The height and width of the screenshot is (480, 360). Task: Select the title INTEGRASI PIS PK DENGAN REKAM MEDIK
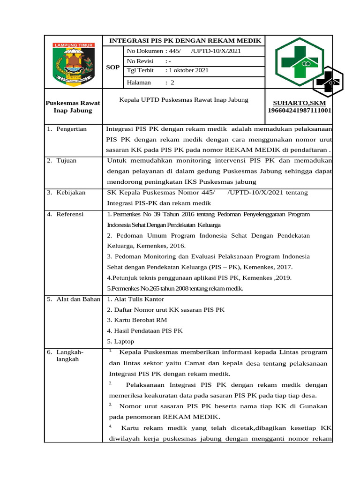pyautogui.click(x=185, y=41)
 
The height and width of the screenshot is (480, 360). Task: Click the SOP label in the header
pyautogui.click(x=113, y=67)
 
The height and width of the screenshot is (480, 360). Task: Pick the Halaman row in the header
pyautogui.click(x=150, y=82)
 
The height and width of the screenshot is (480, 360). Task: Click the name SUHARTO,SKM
pyautogui.click(x=299, y=103)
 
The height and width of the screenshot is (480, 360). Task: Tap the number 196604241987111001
pyautogui.click(x=300, y=111)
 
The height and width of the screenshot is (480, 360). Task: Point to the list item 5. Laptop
pyautogui.click(x=120, y=341)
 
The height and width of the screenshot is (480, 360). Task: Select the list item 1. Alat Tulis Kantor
pyautogui.click(x=135, y=299)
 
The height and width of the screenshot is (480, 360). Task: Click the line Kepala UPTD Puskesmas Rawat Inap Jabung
pyautogui.click(x=184, y=100)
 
